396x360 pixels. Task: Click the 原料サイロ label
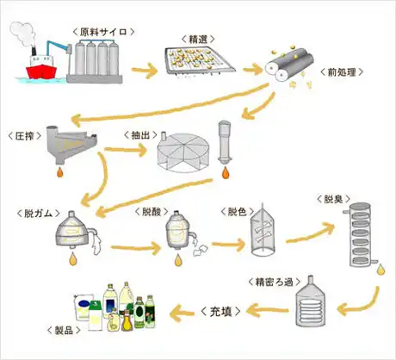tap(103, 32)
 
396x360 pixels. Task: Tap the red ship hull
tap(41, 71)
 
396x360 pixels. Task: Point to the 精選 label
tap(198, 39)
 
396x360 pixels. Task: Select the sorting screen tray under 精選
tap(201, 61)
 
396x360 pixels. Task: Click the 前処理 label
tap(342, 72)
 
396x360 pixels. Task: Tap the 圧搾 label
tap(25, 136)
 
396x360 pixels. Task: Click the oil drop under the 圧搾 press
tap(59, 171)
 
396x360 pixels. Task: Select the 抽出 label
tap(140, 135)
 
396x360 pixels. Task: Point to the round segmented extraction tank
tap(183, 152)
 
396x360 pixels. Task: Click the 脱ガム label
tap(39, 214)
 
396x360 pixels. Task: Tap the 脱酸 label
tap(152, 212)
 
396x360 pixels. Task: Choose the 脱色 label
tap(238, 212)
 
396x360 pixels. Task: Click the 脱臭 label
tap(333, 199)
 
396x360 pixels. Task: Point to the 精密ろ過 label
tap(275, 282)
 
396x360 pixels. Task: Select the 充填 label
tap(220, 312)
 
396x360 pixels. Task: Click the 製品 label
tap(64, 330)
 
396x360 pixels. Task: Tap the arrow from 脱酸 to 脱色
tap(229, 245)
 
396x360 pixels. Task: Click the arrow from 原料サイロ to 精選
tap(145, 71)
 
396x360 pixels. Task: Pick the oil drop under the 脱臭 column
tap(381, 270)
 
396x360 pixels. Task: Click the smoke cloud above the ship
tap(22, 33)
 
